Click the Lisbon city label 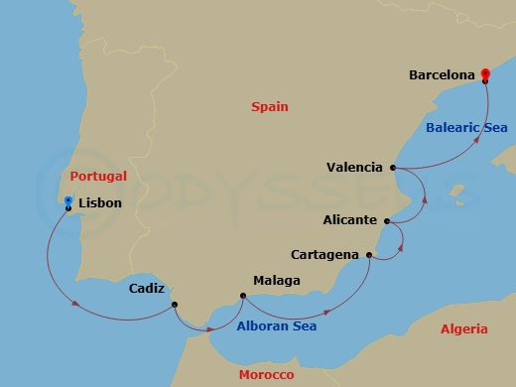(x=99, y=203)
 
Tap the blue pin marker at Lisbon (x=67, y=203)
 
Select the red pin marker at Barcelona (x=484, y=73)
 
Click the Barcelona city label (x=443, y=73)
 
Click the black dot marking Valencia (x=394, y=168)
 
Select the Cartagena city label (x=324, y=255)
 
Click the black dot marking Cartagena (x=369, y=256)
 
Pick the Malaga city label (x=276, y=281)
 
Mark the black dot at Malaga (x=243, y=294)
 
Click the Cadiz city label (x=148, y=289)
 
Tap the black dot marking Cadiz (x=174, y=305)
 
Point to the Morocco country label (x=266, y=375)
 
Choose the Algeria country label (x=463, y=328)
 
